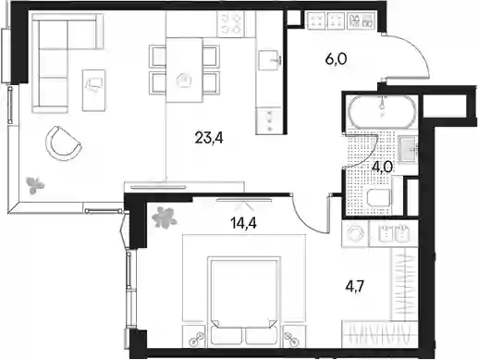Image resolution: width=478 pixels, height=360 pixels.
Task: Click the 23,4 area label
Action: click(x=209, y=138)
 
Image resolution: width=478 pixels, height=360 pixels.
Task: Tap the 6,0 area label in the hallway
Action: click(x=337, y=58)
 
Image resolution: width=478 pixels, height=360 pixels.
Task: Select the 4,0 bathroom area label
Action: click(x=382, y=167)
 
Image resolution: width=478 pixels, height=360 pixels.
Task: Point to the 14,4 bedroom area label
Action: click(x=243, y=223)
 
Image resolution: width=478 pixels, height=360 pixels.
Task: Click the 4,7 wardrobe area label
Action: click(x=355, y=287)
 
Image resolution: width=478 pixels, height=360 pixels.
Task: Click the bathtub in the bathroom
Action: click(x=382, y=112)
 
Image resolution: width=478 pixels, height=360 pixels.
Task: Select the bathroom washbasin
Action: click(x=408, y=149)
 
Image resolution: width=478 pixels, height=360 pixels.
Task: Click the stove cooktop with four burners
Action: click(x=230, y=24)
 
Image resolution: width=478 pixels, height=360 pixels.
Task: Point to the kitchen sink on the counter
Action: click(x=269, y=60)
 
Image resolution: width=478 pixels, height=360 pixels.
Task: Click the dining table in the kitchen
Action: click(x=184, y=69)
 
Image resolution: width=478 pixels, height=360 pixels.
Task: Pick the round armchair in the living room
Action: click(x=64, y=143)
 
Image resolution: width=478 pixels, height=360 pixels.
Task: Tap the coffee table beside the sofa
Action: click(x=93, y=90)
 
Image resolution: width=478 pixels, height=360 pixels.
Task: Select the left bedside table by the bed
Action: click(x=193, y=335)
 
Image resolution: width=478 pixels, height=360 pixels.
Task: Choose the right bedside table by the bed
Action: click(x=294, y=335)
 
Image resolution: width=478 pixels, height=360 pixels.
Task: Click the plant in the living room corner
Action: click(x=34, y=185)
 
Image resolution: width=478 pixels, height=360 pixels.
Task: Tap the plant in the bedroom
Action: click(x=164, y=217)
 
